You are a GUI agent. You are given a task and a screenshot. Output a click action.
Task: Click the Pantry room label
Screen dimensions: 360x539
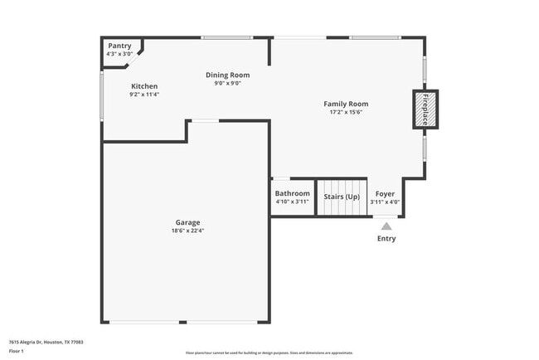coord(119,46)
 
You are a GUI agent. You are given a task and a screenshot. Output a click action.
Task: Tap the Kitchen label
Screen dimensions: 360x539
coord(143,86)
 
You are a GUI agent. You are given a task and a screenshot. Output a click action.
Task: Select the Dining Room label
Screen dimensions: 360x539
coord(227,75)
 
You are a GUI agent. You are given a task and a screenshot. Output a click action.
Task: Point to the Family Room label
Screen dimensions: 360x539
coord(346,104)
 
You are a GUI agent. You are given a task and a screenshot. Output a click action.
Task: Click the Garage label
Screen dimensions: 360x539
coord(187,222)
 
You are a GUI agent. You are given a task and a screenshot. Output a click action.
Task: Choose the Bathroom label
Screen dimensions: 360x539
coord(292,193)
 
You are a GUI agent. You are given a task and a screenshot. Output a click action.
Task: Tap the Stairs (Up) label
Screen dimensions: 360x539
coord(342,197)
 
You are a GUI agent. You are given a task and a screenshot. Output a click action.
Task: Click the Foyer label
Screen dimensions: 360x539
coord(385,193)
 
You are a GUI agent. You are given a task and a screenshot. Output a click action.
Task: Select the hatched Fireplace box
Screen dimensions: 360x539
coord(425,109)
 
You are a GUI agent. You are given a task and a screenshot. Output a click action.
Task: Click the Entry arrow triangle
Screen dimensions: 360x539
coord(386,225)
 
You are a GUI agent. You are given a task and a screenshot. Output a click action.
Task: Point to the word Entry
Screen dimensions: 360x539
coord(386,239)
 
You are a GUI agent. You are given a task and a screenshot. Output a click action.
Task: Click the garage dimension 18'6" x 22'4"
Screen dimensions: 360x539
coord(187,231)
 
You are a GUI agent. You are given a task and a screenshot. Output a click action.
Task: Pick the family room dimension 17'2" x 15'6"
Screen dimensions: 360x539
coord(346,113)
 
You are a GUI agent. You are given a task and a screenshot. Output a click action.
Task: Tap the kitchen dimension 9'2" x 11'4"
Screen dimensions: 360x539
coord(143,95)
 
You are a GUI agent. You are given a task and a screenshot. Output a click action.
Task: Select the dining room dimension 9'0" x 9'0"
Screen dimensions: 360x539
coord(227,83)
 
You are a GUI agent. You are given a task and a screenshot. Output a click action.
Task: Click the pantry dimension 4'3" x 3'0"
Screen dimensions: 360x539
coord(119,54)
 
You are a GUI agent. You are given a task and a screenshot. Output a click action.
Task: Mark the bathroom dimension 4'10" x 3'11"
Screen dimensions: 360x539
coord(292,202)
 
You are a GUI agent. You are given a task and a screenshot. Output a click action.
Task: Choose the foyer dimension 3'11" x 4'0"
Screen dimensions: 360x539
coord(385,202)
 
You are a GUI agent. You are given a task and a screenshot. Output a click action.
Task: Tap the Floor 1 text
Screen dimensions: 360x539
coord(17,352)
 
